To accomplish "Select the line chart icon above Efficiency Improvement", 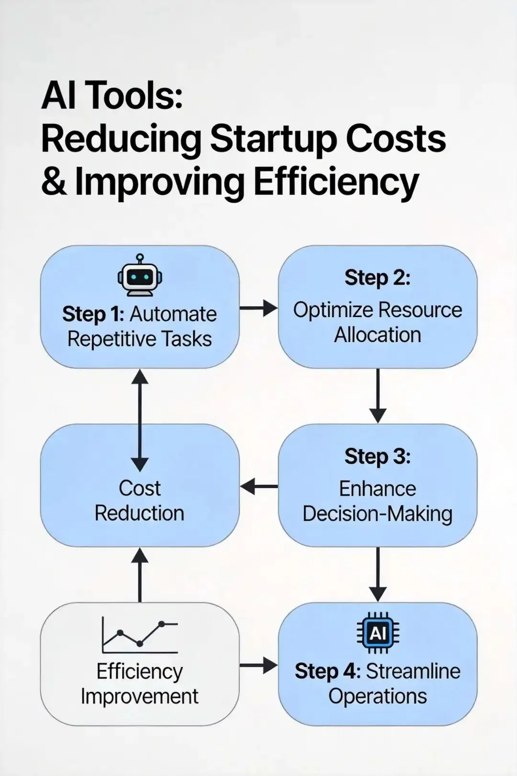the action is pos(140,635).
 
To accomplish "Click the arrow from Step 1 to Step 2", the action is pos(258,308).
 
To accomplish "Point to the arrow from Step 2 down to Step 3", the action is pos(378,395).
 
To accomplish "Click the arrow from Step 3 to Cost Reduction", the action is pos(258,487).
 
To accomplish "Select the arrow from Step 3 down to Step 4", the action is pos(378,574).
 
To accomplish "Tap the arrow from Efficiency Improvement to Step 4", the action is pos(258,665).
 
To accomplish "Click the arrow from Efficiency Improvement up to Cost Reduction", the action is pos(140,575).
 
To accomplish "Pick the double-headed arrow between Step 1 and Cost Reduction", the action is pos(140,420).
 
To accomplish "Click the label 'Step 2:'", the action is pos(378,278).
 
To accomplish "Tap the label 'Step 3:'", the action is pos(378,456).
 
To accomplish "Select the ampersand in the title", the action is pos(54,183).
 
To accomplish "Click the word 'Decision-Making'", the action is pos(378,514).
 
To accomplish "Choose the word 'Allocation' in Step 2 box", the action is pos(378,335).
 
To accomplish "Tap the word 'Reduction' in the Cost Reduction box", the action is pos(139,513).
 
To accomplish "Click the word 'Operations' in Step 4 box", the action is pos(378,696).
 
